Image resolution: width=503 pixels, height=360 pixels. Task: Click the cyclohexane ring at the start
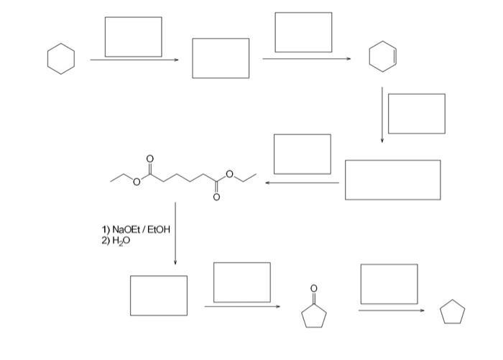61,58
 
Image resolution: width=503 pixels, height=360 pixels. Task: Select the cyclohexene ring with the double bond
382,58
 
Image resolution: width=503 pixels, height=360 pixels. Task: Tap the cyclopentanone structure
314,313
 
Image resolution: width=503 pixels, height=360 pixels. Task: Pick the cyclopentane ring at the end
453,313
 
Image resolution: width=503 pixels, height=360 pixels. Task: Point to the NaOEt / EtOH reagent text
137,230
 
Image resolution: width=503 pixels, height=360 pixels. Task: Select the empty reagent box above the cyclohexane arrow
133,37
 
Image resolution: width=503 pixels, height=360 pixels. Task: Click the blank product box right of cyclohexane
221,58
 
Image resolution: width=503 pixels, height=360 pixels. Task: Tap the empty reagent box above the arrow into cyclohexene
303,32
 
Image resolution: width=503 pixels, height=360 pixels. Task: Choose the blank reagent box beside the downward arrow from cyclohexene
416,114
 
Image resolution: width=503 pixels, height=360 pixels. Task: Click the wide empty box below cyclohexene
392,180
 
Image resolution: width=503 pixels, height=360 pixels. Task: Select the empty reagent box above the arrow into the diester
303,154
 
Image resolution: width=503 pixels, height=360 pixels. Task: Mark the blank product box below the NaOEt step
159,295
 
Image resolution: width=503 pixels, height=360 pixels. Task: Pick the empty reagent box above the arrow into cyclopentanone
242,282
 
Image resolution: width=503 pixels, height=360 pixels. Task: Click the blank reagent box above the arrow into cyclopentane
389,284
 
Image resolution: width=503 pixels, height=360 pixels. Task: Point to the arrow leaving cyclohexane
134,60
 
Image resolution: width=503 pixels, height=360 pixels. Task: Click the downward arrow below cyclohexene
382,115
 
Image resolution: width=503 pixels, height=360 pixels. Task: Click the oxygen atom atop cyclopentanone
313,289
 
